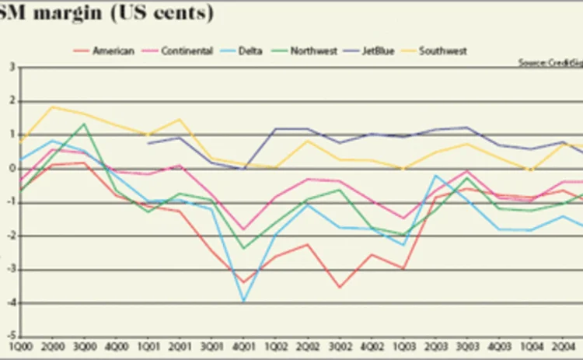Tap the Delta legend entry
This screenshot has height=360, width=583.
pyautogui.click(x=249, y=51)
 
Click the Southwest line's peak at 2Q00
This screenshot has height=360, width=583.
pyautogui.click(x=52, y=107)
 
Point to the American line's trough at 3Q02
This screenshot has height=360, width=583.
pyautogui.click(x=340, y=287)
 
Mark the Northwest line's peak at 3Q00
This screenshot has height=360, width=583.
pyautogui.click(x=84, y=124)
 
